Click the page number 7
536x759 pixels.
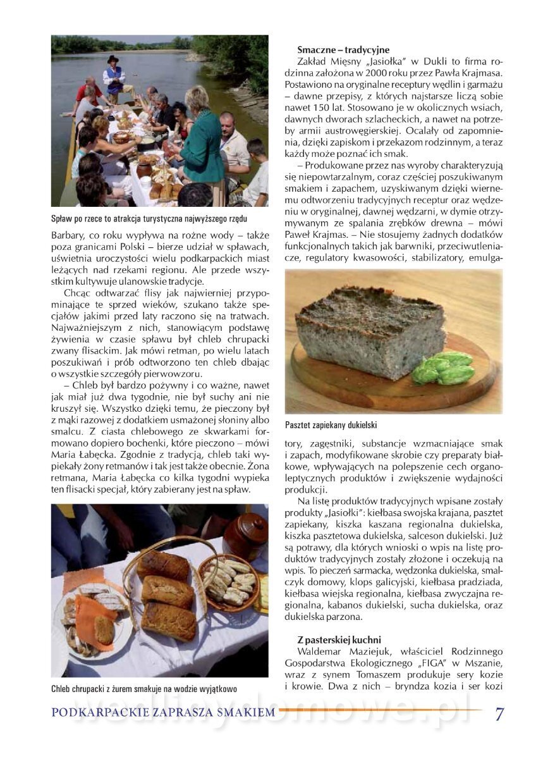(x=499, y=713)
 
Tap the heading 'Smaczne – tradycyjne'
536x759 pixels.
(x=343, y=50)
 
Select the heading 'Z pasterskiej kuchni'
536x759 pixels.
(x=339, y=640)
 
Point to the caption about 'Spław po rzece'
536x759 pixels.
(x=149, y=219)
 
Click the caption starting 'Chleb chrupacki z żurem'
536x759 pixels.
(x=144, y=689)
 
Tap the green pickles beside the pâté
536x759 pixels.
(x=444, y=368)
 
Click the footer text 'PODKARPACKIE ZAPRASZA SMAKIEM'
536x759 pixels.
(x=163, y=713)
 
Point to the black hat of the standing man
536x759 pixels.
(x=113, y=58)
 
